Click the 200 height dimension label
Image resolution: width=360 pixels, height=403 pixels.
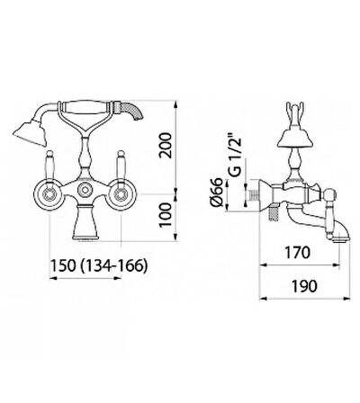point(166,146)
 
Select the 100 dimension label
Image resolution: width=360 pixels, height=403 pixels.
point(166,215)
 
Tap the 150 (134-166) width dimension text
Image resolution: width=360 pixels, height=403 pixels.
point(99,265)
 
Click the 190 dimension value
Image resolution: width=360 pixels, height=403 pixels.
point(304,286)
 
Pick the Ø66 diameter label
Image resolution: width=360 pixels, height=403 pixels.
point(217,193)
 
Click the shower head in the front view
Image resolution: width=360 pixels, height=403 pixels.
point(30,133)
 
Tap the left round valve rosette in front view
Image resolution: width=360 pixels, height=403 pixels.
point(49,195)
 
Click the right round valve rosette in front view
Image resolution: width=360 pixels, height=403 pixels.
point(121,195)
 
